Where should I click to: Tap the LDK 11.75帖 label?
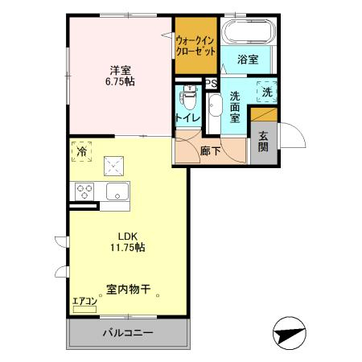[130, 241]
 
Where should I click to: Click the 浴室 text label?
[248, 59]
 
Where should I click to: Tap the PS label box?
[210, 83]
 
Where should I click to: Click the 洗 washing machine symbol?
[266, 93]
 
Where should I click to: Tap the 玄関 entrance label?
[263, 143]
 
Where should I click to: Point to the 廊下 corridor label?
[211, 149]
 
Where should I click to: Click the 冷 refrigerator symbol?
[81, 151]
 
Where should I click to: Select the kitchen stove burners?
[84, 191]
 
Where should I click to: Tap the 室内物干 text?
[129, 288]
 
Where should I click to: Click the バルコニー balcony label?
[128, 332]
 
